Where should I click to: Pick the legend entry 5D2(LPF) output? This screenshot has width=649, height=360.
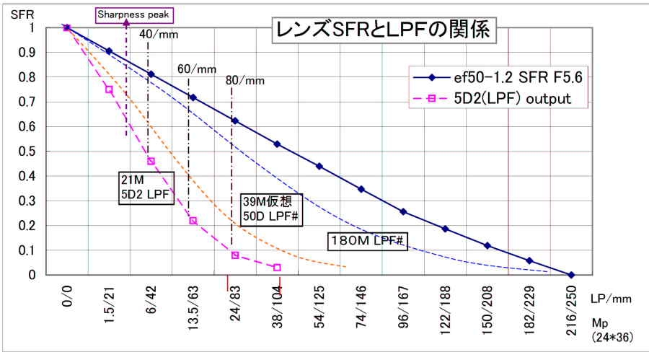tap(491, 98)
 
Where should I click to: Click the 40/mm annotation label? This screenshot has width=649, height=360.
tap(158, 34)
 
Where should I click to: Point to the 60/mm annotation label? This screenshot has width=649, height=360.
tap(197, 69)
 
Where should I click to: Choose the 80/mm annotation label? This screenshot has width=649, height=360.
tap(245, 80)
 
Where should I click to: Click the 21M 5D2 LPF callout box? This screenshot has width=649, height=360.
tap(146, 188)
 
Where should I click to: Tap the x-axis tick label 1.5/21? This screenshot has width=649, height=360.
tap(109, 307)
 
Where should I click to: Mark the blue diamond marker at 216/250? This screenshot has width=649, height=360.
tap(572, 275)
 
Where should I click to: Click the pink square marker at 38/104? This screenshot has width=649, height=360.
tap(277, 268)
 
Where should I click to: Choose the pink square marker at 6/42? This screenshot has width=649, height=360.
tap(151, 161)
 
